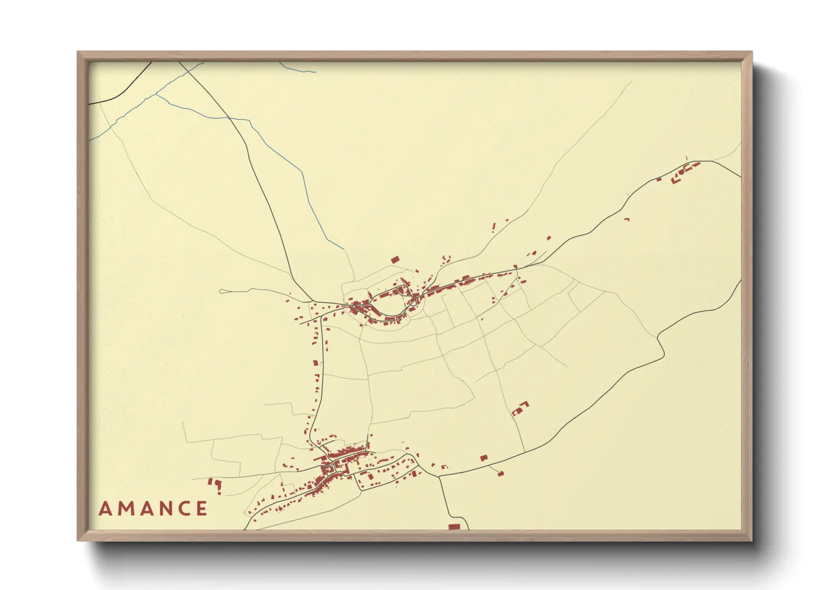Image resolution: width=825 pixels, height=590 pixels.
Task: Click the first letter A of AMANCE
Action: coord(105,509)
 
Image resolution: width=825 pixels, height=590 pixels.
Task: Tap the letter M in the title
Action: coord(126,509)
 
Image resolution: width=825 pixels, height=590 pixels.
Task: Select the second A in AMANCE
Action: coord(148,509)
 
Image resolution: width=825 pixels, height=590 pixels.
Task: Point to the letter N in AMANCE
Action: coord(167,509)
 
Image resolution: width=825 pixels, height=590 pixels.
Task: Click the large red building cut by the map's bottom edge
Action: coord(454,526)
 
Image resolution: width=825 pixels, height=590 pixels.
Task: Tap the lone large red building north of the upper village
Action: coord(395,259)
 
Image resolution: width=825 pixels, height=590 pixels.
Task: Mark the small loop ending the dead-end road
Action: coord(223,291)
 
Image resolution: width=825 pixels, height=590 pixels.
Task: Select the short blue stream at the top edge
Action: coord(298,69)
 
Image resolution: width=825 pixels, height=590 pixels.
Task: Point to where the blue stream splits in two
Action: coord(156,94)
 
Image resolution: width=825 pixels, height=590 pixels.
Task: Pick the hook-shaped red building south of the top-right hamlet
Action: coord(627,219)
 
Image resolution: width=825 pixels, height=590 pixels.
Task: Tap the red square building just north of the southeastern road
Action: coord(483,458)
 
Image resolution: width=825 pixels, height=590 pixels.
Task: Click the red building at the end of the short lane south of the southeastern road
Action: coord(501,473)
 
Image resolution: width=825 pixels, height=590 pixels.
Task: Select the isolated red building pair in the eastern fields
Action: coord(520,408)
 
